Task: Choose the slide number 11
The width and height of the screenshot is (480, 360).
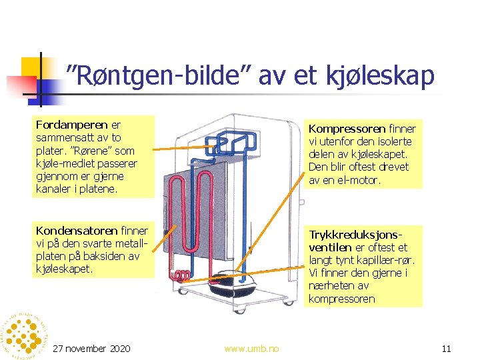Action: (447, 349)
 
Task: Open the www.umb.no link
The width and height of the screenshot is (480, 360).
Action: (252, 349)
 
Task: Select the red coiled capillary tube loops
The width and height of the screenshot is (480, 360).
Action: (182, 275)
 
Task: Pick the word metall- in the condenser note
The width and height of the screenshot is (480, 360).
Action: (129, 243)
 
